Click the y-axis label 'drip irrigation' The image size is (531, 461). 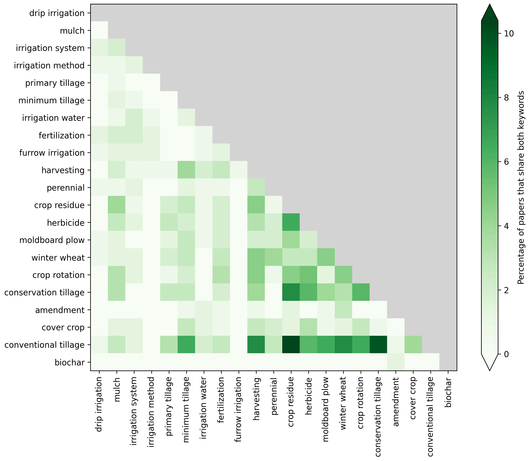[57, 13]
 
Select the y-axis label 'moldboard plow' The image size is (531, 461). [52, 240]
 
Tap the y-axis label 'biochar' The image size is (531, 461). [70, 362]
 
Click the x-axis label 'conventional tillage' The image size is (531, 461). [431, 416]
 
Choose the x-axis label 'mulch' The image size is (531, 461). [117, 386]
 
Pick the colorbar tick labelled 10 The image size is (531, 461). [509, 33]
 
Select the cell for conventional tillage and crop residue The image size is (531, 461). [291, 345]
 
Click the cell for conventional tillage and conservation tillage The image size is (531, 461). [378, 345]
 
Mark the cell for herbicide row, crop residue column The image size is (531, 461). [291, 222]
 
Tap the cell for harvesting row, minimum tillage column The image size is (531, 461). [187, 170]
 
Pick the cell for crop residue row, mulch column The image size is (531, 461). [117, 205]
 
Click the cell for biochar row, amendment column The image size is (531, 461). [396, 362]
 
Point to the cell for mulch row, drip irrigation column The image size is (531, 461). [99, 30]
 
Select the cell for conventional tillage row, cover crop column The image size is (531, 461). [413, 345]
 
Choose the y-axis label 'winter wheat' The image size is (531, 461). [58, 258]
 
